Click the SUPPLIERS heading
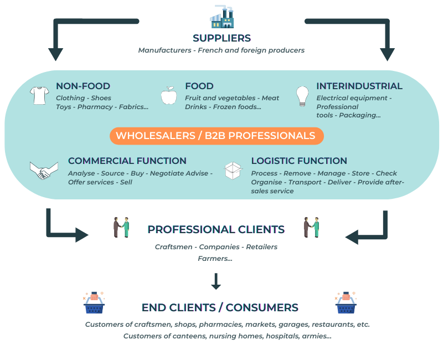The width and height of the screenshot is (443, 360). point(221,38)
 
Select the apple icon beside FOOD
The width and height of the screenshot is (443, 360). point(168,95)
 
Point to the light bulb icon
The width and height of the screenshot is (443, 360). point(302,96)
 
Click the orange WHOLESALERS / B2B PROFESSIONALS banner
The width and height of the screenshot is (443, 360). point(216,136)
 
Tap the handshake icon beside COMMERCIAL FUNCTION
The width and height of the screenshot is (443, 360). point(44,170)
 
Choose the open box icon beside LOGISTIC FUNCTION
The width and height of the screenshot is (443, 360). point(233,170)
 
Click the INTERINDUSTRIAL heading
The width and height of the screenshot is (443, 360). point(359,86)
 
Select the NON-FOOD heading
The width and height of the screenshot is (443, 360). point(83,86)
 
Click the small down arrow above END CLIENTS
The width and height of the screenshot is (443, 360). point(216,281)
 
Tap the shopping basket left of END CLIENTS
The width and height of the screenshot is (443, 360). point(94,302)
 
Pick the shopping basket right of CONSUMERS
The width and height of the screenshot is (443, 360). point(346,302)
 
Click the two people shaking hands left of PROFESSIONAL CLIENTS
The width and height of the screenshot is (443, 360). point(121,228)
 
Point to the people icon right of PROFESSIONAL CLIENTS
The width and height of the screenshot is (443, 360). point(311,228)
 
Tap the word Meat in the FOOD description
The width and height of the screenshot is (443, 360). point(270,98)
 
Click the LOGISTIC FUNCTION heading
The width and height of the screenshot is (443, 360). point(299,161)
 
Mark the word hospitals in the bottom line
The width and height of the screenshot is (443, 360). point(284,336)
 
